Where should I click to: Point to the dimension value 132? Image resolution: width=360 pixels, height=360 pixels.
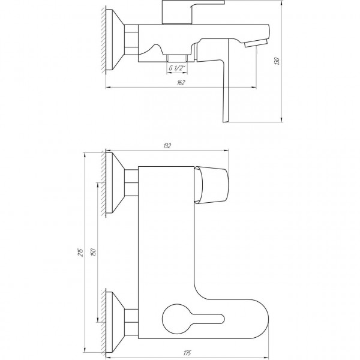pyautogui.click(x=167, y=146)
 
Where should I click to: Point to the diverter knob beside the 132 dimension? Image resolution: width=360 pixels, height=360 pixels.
pyautogui.click(x=213, y=184)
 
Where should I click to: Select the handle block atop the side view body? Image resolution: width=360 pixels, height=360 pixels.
pyautogui.click(x=179, y=14)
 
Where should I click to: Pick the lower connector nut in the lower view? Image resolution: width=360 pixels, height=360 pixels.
pyautogui.click(x=131, y=318)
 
